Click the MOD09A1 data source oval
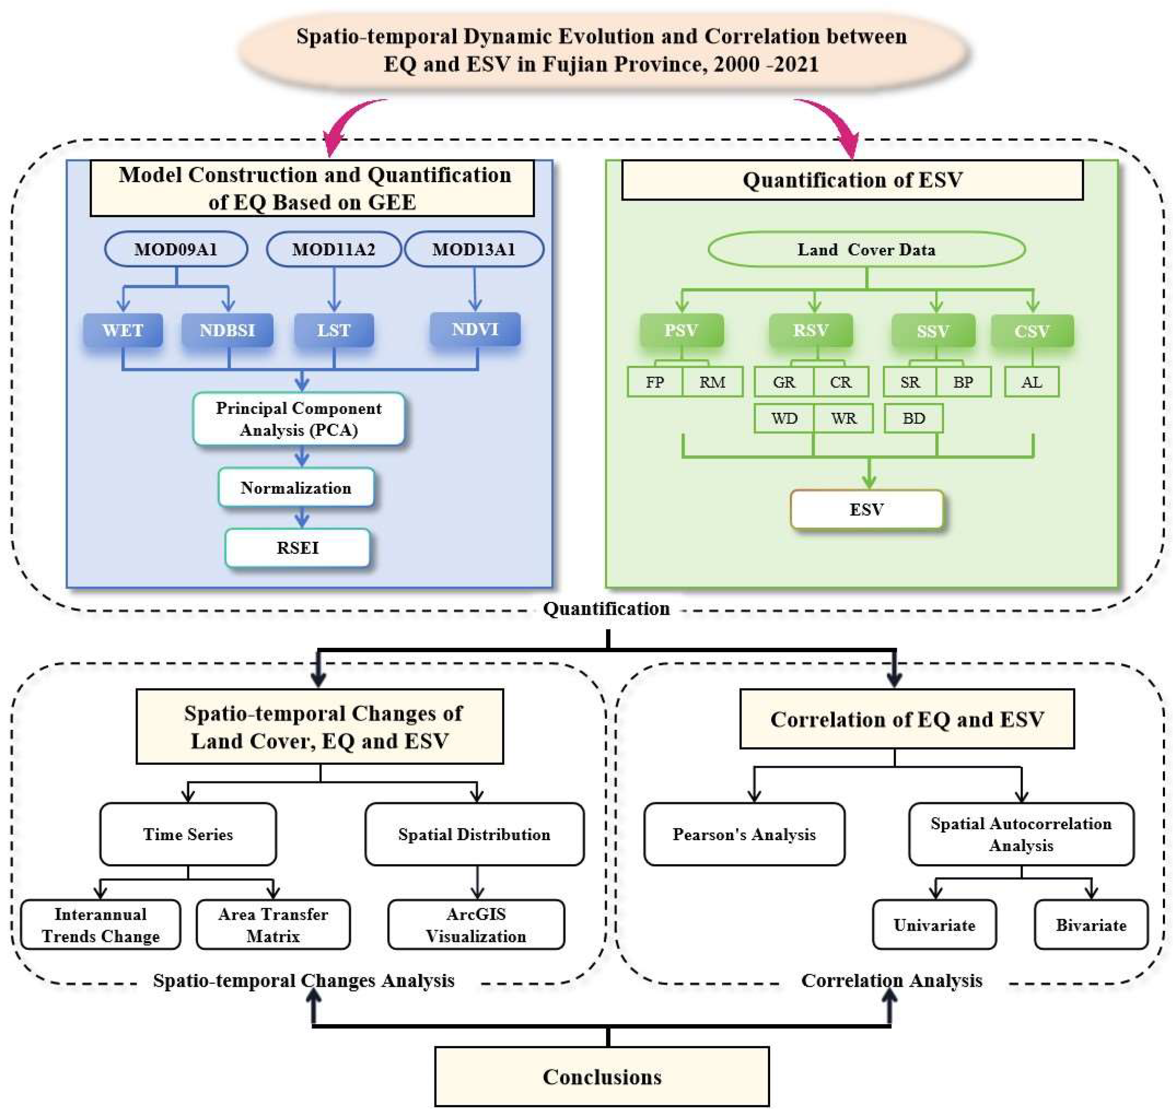coord(176,249)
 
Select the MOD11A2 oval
coord(334,249)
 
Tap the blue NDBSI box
coord(227,330)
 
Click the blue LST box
coord(334,330)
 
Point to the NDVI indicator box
coord(475,329)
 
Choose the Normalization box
coord(296,488)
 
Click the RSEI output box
coord(297,548)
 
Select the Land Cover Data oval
coord(866,249)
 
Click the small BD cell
coord(913,418)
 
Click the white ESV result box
coord(866,510)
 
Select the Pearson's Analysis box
coord(744,834)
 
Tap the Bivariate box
coord(1091,925)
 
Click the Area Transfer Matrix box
coord(273,925)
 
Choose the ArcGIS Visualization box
coord(476,925)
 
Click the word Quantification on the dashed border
coord(606,608)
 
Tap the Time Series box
coord(188,834)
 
